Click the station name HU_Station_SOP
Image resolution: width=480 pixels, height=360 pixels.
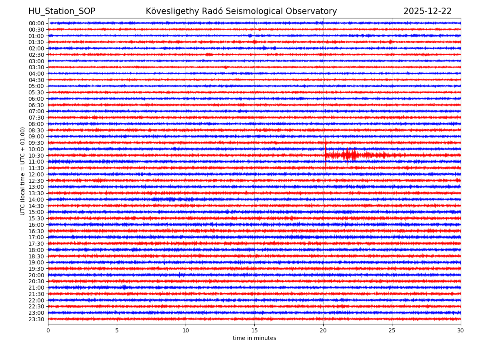click(62, 11)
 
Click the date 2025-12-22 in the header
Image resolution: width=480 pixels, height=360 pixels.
click(427, 11)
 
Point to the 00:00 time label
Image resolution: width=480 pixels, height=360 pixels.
click(36, 23)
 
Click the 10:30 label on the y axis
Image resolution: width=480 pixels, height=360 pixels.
click(36, 156)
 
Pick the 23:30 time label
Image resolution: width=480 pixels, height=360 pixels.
click(36, 319)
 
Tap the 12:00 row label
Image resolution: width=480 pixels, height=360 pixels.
click(36, 174)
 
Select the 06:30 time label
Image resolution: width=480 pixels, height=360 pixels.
click(36, 105)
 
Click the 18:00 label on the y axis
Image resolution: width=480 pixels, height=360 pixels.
click(36, 250)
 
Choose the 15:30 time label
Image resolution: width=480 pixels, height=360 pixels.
click(36, 218)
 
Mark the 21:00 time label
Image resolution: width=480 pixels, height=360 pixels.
click(36, 288)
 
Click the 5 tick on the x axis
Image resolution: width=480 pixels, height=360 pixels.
click(117, 330)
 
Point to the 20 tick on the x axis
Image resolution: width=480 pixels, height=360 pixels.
click(323, 330)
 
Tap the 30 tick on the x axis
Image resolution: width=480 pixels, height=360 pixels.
click(461, 330)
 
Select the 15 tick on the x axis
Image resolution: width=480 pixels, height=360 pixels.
click(254, 330)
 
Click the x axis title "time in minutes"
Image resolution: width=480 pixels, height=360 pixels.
click(254, 338)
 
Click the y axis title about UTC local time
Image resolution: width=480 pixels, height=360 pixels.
click(23, 171)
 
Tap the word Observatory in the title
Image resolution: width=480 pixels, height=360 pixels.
click(316, 11)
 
